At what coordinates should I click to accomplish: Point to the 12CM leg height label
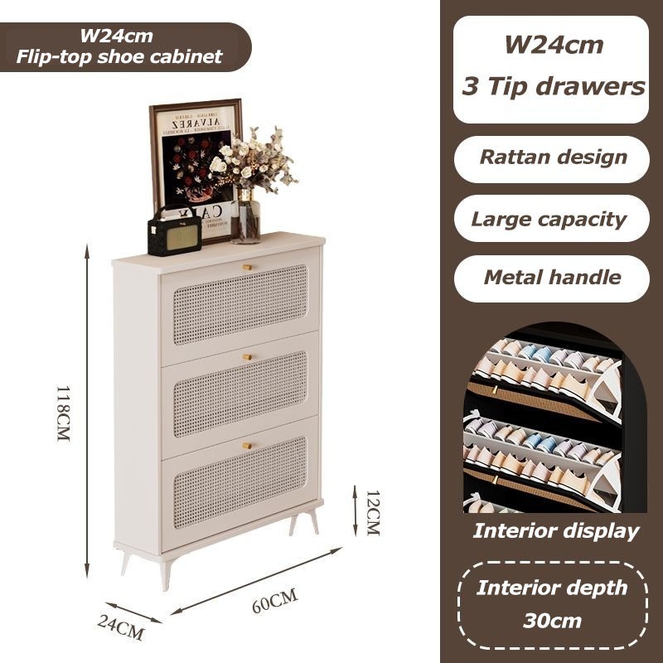click(372, 512)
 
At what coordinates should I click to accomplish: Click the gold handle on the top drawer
click(246, 266)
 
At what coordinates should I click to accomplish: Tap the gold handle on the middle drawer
click(246, 356)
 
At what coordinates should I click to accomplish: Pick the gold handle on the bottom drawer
click(246, 445)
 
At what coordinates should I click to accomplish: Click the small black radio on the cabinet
click(174, 231)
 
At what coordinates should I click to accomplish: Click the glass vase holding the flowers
click(246, 217)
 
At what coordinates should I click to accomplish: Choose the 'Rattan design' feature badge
click(553, 157)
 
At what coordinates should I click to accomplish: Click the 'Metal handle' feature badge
click(552, 278)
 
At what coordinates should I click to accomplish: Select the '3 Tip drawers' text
click(553, 86)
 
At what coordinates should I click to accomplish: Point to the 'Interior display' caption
click(556, 531)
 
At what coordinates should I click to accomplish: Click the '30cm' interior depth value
click(552, 620)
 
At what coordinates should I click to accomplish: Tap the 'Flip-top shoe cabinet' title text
click(119, 56)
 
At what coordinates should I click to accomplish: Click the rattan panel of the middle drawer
click(240, 394)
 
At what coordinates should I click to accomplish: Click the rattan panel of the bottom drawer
click(240, 485)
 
